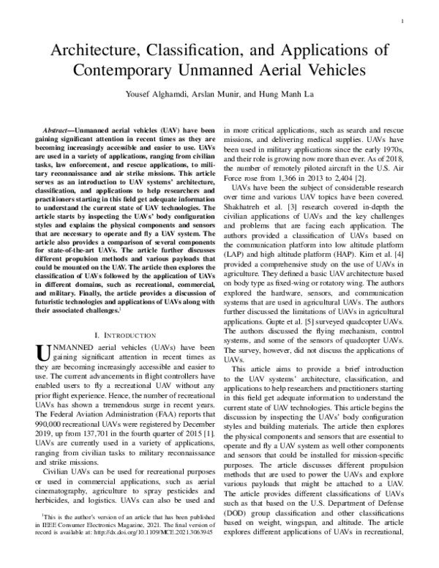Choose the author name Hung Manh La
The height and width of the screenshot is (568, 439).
285,97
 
